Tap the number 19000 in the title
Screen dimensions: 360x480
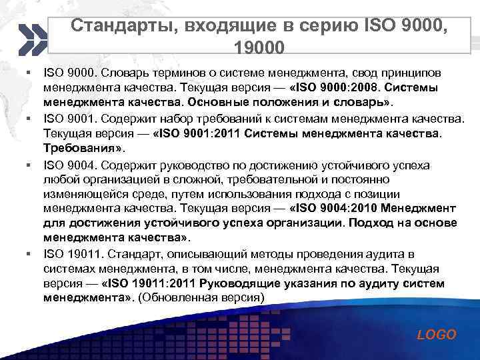pos(259,47)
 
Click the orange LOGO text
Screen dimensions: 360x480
pos(437,335)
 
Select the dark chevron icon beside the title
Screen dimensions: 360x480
pos(33,39)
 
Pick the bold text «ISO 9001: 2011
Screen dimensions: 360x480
pos(198,133)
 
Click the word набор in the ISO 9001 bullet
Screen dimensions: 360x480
pos(180,118)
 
